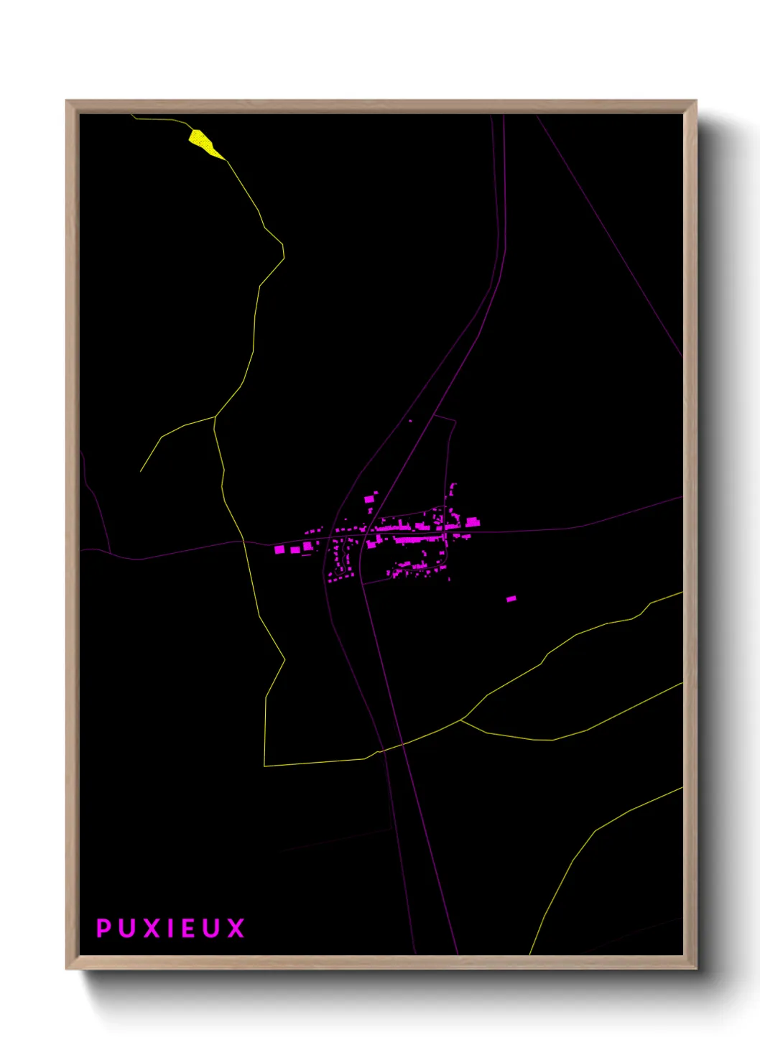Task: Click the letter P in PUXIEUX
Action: click(103, 928)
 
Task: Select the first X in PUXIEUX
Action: click(152, 928)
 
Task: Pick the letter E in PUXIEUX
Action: click(188, 928)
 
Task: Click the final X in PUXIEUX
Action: click(236, 928)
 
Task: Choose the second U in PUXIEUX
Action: click(211, 928)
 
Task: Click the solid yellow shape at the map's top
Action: click(204, 142)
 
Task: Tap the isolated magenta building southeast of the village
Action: click(511, 598)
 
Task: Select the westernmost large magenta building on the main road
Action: click(279, 549)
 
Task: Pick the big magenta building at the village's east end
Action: click(473, 523)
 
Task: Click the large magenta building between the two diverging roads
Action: click(369, 498)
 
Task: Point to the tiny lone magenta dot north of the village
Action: click(410, 421)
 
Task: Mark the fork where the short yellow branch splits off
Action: click(215, 417)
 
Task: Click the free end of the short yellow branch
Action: click(140, 472)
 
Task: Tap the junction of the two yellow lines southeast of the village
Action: click(461, 719)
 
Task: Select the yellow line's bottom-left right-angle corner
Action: click(264, 766)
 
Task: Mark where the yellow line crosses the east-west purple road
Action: click(244, 541)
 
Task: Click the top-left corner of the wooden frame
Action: click(67, 101)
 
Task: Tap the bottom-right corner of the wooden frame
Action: click(696, 969)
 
